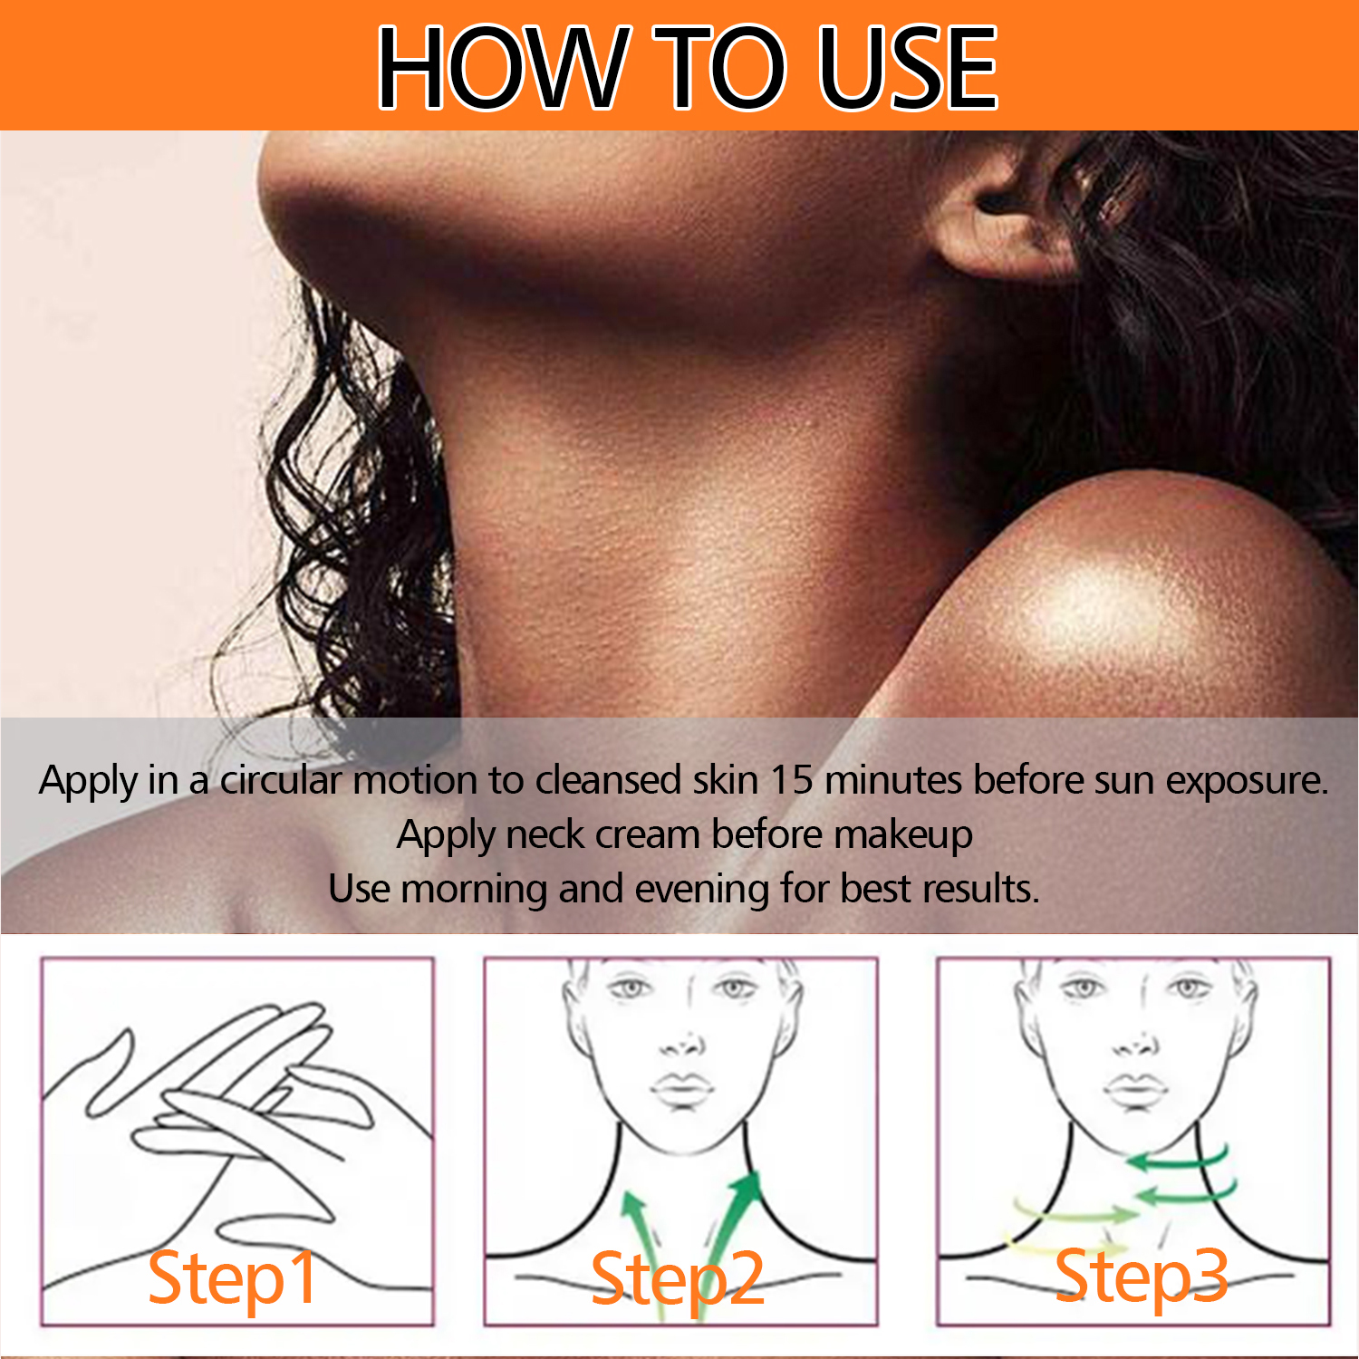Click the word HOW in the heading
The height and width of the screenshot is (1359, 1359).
pyautogui.click(x=503, y=67)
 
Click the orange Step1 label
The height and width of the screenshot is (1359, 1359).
pyautogui.click(x=233, y=1277)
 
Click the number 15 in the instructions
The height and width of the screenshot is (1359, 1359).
pyautogui.click(x=792, y=780)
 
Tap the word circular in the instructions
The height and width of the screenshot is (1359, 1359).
pyautogui.click(x=281, y=780)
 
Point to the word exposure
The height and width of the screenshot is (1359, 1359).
pyautogui.click(x=1247, y=781)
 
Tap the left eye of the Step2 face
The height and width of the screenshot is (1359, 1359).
pyautogui.click(x=628, y=988)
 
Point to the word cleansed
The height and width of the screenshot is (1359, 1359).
pyautogui.click(x=608, y=780)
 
